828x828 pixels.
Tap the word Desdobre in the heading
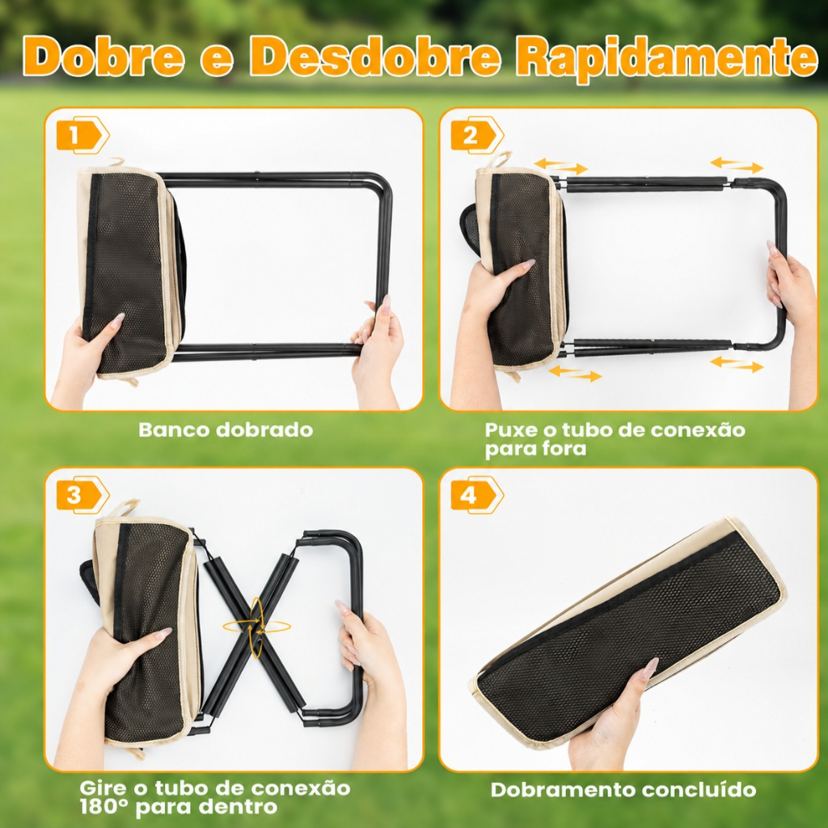point(374,56)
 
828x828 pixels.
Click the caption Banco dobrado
point(226,429)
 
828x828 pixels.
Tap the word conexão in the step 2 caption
point(698,429)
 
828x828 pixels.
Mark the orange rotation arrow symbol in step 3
point(257,627)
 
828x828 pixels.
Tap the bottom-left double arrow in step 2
point(575,373)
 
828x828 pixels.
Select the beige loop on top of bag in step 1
point(112,162)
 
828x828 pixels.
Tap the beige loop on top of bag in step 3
point(123,506)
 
